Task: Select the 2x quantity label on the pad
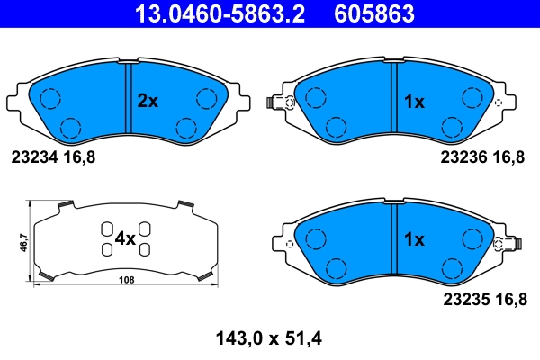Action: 147,102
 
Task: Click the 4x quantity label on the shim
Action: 124,238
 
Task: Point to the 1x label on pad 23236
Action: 413,102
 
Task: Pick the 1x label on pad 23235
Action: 413,239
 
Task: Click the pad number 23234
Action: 34,157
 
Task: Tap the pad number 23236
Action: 463,157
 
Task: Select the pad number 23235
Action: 463,295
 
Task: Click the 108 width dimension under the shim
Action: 127,281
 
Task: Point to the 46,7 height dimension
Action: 22,242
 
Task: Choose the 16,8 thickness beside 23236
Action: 508,157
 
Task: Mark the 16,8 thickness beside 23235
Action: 508,295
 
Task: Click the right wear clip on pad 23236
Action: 497,103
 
